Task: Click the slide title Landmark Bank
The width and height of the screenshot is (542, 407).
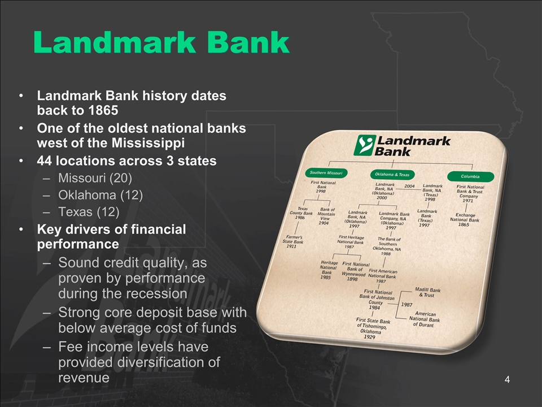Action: click(x=161, y=42)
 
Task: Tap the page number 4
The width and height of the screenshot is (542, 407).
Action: click(x=507, y=380)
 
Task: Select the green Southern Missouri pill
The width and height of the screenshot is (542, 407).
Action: click(x=326, y=173)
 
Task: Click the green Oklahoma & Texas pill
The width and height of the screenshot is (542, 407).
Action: click(x=392, y=175)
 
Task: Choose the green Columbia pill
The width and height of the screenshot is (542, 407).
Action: click(x=470, y=176)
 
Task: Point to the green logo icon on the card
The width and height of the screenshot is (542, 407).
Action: click(x=365, y=145)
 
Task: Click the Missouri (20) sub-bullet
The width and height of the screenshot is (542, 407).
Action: click(x=95, y=178)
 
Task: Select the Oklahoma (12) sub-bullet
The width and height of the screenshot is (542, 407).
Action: click(x=100, y=195)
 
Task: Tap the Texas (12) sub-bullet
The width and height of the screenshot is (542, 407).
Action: click(x=89, y=211)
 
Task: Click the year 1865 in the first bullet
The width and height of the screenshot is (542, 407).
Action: click(x=103, y=110)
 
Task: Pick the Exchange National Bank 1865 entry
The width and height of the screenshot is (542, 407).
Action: click(x=465, y=219)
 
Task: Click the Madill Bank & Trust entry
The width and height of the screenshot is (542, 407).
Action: click(x=427, y=292)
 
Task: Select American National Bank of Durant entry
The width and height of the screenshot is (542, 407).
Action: click(x=425, y=319)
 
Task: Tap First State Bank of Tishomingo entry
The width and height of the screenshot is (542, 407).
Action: click(x=372, y=328)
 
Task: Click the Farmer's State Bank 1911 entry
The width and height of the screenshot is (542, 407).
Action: click(x=292, y=241)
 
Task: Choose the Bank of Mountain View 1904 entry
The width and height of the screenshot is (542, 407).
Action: click(x=325, y=216)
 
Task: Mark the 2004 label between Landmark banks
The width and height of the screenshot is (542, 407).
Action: click(x=409, y=186)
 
